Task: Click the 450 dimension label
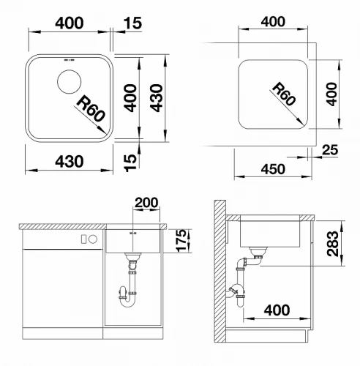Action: (x=273, y=169)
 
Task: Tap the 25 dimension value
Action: (x=330, y=150)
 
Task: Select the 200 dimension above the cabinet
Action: (x=146, y=203)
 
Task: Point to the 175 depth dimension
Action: (x=182, y=240)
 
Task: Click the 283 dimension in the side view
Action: (x=333, y=244)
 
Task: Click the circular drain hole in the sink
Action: (x=69, y=82)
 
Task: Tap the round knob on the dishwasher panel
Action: (x=93, y=239)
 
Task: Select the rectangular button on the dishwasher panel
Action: (x=83, y=239)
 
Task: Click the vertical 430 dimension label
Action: (x=156, y=98)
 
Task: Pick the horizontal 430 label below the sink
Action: (x=70, y=162)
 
